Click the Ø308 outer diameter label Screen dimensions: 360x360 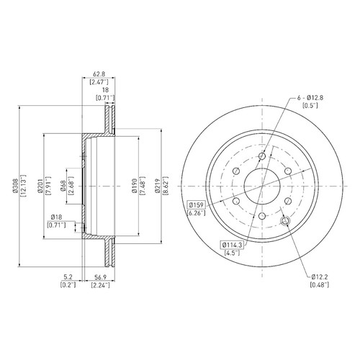16,186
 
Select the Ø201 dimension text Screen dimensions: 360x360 40,186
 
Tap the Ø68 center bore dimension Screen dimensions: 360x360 63,186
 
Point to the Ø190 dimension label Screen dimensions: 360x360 135,186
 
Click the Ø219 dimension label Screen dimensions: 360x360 158,186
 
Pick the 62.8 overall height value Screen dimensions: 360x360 99,74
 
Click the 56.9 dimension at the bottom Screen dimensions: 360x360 100,277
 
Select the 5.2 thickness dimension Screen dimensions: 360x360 68,277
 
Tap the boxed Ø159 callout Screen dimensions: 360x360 197,205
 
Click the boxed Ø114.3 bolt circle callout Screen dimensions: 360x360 233,245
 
